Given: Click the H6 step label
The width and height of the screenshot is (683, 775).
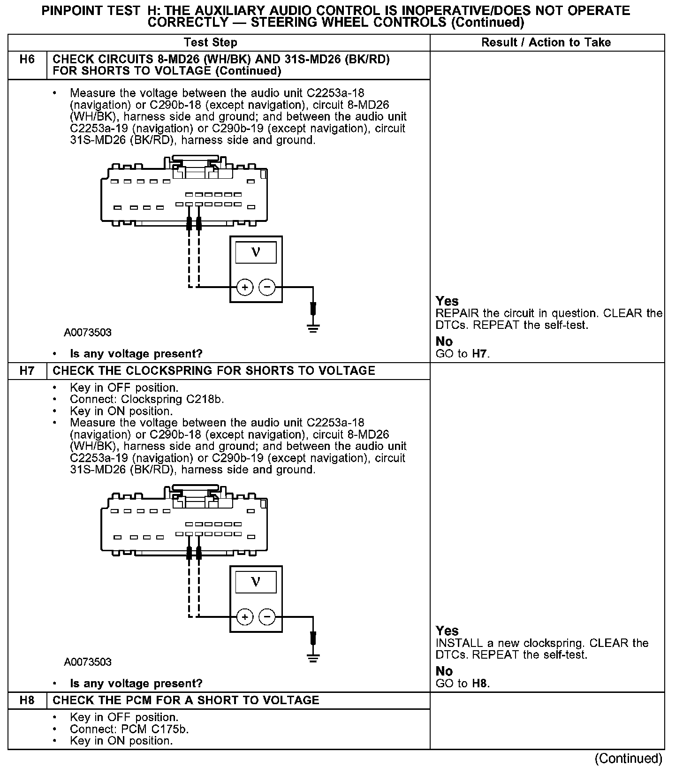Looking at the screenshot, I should [27, 60].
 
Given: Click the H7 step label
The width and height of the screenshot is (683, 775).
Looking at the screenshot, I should [27, 371].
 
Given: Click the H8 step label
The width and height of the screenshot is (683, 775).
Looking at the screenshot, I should [27, 700].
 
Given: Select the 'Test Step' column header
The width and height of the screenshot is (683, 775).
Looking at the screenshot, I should [210, 43].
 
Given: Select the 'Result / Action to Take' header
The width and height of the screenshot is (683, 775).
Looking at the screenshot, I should [546, 43].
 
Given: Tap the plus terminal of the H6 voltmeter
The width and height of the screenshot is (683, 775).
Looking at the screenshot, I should [245, 287].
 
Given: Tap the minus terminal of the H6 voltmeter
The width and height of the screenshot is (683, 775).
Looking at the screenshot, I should [267, 287].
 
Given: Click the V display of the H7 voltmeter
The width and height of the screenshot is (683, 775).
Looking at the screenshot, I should [256, 582].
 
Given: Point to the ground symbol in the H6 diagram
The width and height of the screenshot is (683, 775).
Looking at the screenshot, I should [313, 327].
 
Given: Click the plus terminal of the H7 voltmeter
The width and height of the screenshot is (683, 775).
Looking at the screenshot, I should [245, 616].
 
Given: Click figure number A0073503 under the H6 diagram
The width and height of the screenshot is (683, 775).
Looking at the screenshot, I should [88, 333].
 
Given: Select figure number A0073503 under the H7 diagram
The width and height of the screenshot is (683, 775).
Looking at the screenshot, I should [88, 662].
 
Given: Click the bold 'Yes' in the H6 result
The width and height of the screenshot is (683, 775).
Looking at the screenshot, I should [447, 301].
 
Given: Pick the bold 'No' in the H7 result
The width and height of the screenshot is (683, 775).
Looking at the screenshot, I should [444, 671].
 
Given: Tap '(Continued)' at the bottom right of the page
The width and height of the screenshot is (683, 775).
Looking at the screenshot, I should [629, 759].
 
